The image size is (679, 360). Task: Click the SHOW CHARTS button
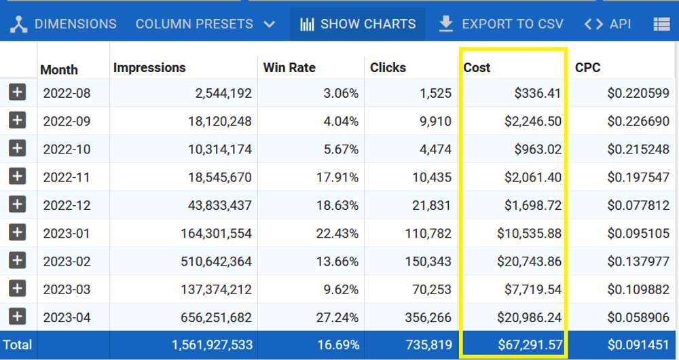[x=358, y=24]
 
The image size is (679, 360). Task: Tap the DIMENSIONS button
[x=65, y=24]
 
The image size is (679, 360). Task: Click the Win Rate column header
[x=289, y=68]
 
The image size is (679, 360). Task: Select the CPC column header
[x=588, y=68]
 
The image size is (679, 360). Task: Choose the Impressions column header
[x=149, y=68]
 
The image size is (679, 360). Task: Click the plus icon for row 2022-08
[x=18, y=93]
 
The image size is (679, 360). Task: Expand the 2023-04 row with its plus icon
[x=18, y=317]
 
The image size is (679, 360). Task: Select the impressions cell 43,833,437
[x=212, y=206]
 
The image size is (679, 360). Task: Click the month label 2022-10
[x=67, y=149]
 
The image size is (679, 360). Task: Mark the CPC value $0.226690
[x=638, y=122]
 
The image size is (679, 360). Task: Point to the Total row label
[x=18, y=345]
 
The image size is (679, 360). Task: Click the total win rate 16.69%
[x=337, y=345]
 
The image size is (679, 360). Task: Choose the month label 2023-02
[x=67, y=262]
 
